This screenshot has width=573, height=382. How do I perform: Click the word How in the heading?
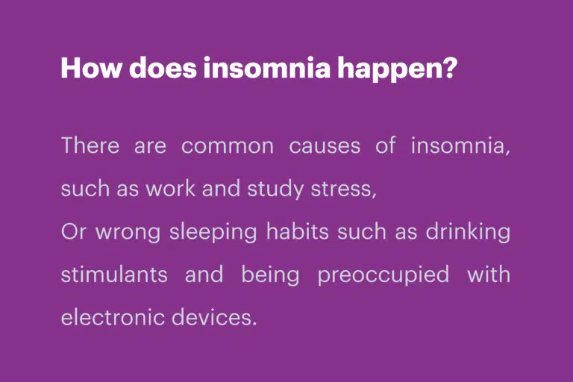[x=90, y=68]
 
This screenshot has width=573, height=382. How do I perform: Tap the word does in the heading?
[x=163, y=68]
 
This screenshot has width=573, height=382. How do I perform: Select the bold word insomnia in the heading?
[x=267, y=68]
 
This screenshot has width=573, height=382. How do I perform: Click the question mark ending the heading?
[x=449, y=68]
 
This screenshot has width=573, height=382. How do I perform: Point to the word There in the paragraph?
[x=90, y=145]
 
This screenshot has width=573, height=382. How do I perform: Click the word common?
[x=228, y=146]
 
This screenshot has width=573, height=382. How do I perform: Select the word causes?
[x=325, y=146]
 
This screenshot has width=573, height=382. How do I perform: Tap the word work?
[x=170, y=189]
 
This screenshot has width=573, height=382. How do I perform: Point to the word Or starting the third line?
[x=74, y=232]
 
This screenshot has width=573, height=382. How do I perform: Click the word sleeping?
[x=213, y=233]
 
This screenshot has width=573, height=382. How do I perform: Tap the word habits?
[x=298, y=232]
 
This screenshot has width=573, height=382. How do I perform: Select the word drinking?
[x=468, y=233]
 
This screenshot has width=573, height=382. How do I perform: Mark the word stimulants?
[x=114, y=275]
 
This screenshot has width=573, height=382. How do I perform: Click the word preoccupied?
[x=383, y=275]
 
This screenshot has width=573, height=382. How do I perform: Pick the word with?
[x=489, y=275]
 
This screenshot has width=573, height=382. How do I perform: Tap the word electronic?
[x=113, y=317]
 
